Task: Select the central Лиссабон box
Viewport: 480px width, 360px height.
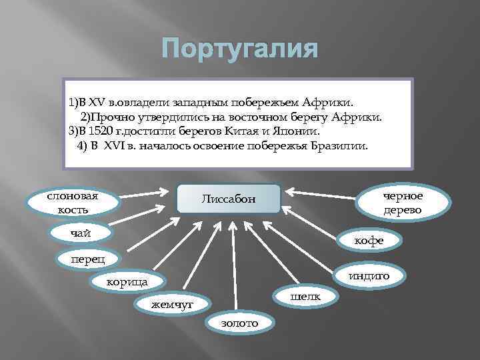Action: pos(229,199)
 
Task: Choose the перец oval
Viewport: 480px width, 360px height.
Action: pos(87,258)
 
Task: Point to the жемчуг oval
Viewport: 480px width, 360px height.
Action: pos(171,304)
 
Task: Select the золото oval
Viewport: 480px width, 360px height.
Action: pos(239,323)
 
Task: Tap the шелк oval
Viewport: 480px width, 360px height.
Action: pos(305,295)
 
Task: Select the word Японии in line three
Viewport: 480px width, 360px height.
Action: pos(295,131)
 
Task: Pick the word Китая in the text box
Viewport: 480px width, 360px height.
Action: pos(246,131)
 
